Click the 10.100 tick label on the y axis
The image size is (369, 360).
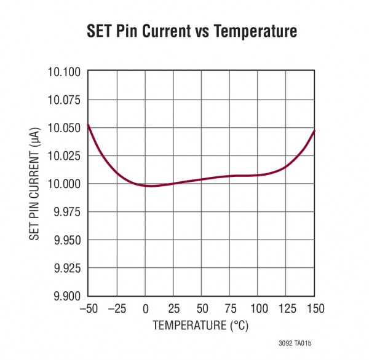64,72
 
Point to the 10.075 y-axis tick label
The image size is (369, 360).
64,100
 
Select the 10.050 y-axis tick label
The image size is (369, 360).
64,128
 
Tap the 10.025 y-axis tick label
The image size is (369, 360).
64,156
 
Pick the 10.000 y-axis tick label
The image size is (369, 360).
64,184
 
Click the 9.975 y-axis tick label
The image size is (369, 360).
66,212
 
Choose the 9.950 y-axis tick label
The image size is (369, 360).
66,240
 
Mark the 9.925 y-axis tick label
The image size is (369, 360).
66,268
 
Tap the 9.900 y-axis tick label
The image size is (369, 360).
66,295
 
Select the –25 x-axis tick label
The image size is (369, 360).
116,308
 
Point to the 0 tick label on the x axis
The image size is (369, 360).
145,308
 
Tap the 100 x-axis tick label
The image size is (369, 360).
258,308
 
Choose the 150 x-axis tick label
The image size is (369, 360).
315,308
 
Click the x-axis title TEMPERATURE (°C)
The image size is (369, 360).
201,325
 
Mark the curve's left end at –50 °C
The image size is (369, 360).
88,125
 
